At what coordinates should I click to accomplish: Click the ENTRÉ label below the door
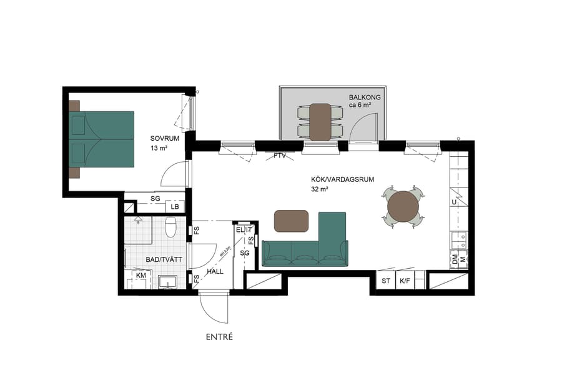point(219,337)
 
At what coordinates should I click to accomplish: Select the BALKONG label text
point(365,97)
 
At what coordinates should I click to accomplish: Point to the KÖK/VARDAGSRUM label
point(342,179)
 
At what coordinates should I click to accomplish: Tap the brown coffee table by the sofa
point(292,221)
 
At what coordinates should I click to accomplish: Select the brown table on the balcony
point(320,122)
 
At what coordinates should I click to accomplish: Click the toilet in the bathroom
point(170,227)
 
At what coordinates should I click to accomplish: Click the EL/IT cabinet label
point(243,230)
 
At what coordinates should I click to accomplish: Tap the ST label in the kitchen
point(385,281)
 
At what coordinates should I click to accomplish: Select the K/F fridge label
point(405,281)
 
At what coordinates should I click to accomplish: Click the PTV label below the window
point(279,156)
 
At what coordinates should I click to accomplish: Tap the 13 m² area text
point(159,149)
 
